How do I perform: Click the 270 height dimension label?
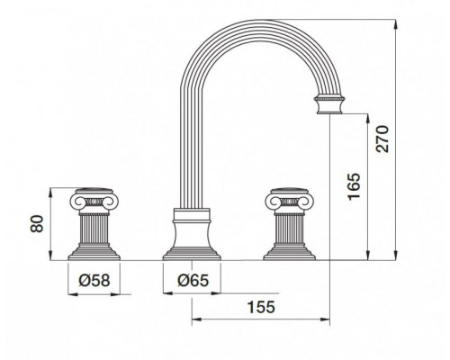point(382,139)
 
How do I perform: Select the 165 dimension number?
point(354,186)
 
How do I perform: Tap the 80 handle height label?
point(37,224)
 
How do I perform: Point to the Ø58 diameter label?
point(94,281)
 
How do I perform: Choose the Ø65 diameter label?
point(193,281)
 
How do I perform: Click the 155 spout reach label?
point(261,307)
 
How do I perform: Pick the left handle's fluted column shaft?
point(94,229)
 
